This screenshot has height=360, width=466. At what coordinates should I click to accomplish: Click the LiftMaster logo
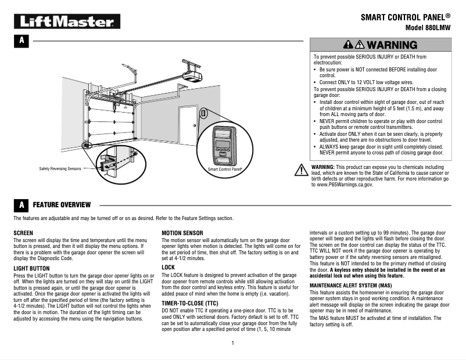tap(67, 22)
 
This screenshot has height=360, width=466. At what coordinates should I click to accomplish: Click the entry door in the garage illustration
tap(188, 125)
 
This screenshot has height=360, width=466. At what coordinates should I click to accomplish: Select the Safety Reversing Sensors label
tap(60, 168)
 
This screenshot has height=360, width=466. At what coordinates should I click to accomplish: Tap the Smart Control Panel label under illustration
tap(225, 169)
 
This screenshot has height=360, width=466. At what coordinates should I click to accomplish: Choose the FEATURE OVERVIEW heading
tap(62, 205)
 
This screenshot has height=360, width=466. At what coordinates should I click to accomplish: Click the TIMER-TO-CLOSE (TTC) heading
tap(189, 303)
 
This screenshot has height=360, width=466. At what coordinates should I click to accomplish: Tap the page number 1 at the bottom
tap(232, 343)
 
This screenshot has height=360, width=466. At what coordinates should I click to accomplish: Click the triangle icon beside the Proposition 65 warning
tap(301, 170)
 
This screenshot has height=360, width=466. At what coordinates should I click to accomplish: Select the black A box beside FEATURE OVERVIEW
tap(21, 205)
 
